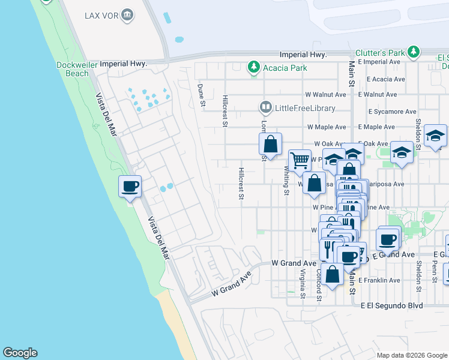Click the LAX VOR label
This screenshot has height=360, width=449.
click(101, 14)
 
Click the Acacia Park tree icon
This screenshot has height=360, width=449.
click(254, 67)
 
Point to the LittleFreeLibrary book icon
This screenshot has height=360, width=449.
click(265, 108)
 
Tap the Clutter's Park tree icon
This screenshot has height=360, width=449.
click(414, 53)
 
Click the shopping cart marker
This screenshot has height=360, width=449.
click(299, 161)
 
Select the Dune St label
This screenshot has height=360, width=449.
click(202, 95)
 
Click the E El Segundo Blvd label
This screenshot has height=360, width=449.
click(391, 305)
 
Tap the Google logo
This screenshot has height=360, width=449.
click(20, 353)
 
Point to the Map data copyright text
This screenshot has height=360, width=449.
click(412, 355)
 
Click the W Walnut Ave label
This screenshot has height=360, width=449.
click(325, 95)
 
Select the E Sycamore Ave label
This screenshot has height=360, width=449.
click(387, 112)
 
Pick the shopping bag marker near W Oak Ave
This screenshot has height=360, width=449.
click(271, 144)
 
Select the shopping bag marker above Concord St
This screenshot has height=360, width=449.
click(332, 274)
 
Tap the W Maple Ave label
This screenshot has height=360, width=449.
click(327, 127)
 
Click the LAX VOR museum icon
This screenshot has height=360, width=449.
click(127, 14)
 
